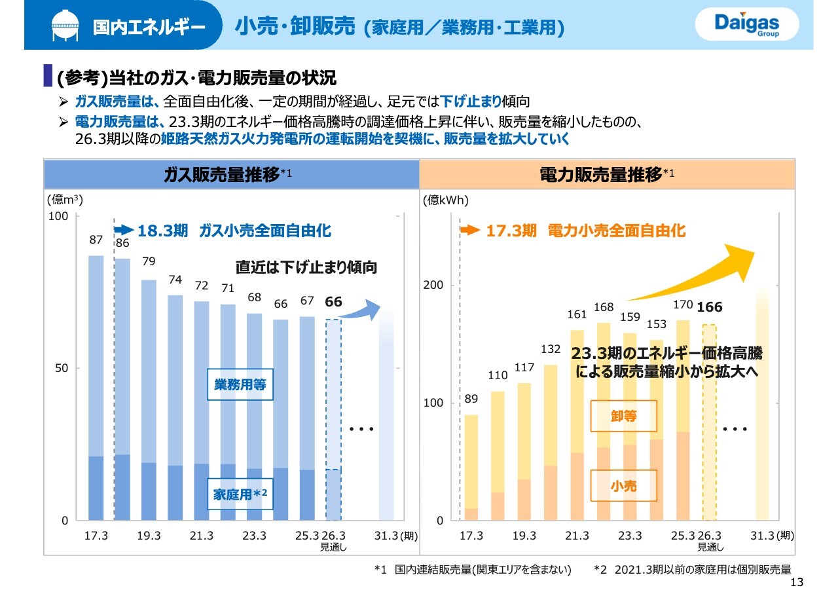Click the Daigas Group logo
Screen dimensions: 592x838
[x=746, y=25]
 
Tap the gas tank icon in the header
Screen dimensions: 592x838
[x=68, y=26]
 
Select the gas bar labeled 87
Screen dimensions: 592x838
[x=96, y=386]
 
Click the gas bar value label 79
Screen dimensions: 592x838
[x=149, y=262]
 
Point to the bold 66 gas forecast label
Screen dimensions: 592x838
[x=334, y=302]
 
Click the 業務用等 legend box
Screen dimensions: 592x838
[x=240, y=384]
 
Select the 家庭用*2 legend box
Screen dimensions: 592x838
[x=240, y=494]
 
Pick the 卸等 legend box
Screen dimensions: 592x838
[x=623, y=416]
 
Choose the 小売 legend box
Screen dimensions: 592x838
[x=623, y=486]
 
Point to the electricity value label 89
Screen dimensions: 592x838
[x=471, y=398]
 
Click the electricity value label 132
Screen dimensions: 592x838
[x=551, y=350]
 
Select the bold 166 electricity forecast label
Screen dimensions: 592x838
[x=709, y=307]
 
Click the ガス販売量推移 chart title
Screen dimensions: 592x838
[x=222, y=175]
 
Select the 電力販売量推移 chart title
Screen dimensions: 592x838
[x=600, y=175]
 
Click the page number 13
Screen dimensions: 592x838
[x=797, y=583]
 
